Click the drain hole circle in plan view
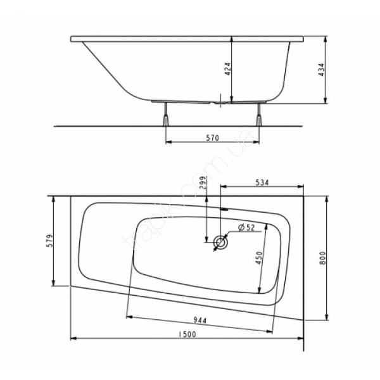pyautogui.click(x=220, y=243)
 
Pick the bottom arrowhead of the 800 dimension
pyautogui.click(x=327, y=319)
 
